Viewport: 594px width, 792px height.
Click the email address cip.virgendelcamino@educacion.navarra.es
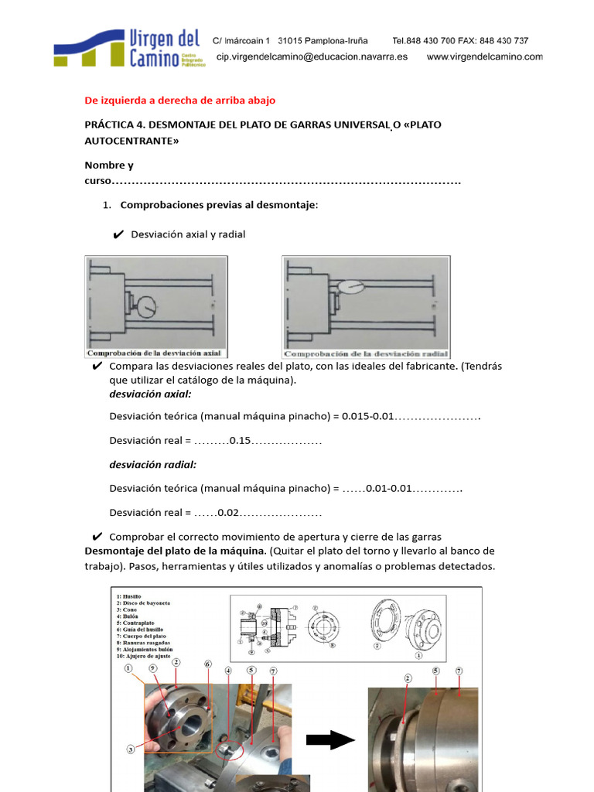coord(312,57)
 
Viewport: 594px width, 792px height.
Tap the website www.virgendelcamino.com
coord(484,57)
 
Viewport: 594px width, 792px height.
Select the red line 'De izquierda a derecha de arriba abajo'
coord(179,101)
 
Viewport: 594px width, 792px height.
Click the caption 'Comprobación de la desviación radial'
coord(366,353)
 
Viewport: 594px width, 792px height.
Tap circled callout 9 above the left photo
coord(152,667)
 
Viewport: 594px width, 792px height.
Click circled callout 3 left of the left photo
coord(131,749)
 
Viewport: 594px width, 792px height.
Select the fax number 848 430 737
coord(504,41)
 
